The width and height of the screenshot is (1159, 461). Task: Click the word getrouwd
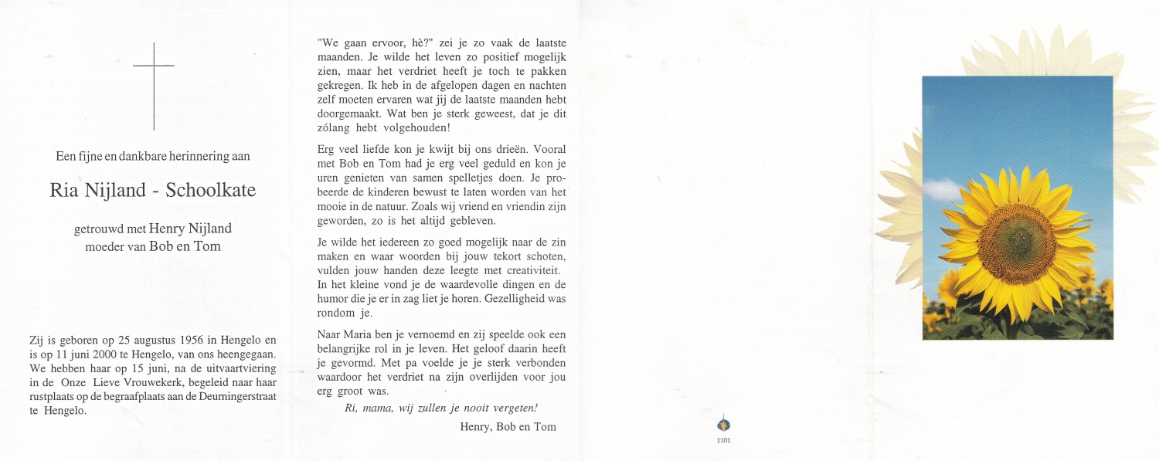pyautogui.click(x=99, y=229)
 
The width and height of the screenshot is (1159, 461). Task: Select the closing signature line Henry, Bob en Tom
pyautogui.click(x=508, y=426)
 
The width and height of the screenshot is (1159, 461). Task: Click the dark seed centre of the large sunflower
pyautogui.click(x=1018, y=243)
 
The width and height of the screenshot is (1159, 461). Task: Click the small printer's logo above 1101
pyautogui.click(x=724, y=424)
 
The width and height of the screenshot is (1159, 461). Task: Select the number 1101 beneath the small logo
pyautogui.click(x=724, y=440)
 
